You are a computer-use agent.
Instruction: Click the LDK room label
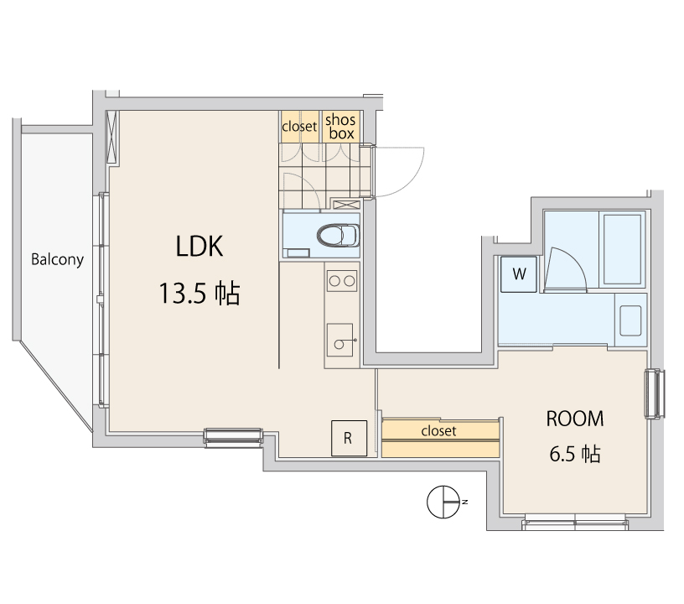tap(199, 246)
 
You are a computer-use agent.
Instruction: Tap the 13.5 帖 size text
tap(199, 294)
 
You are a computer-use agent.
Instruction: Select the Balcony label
tap(57, 259)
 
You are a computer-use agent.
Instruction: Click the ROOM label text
tap(575, 418)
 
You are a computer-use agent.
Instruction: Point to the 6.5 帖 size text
tap(575, 455)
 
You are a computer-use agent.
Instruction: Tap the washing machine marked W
tap(519, 273)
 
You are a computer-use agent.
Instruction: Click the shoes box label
tap(341, 128)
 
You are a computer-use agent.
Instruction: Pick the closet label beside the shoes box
tap(299, 127)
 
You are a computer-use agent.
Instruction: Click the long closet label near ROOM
tap(438, 431)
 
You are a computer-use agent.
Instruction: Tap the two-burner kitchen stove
tap(341, 281)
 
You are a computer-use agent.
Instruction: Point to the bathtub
tap(621, 248)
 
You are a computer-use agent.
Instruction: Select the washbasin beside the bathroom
tap(629, 320)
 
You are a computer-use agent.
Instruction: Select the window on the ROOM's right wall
tap(656, 394)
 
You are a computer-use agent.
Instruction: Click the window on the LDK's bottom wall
tap(234, 435)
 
